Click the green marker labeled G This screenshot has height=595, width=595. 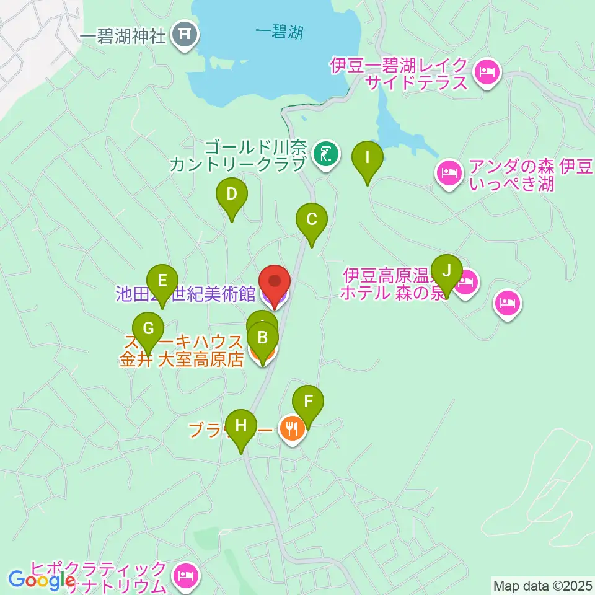pos(148,329)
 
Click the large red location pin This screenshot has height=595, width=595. pos(274,283)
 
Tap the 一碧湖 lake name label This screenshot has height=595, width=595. pos(279,32)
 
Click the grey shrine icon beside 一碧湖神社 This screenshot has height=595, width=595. pos(185,36)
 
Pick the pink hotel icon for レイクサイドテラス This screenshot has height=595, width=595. pos(486,72)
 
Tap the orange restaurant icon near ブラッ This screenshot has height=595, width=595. pos(292,427)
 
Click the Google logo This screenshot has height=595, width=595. pos(40,580)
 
